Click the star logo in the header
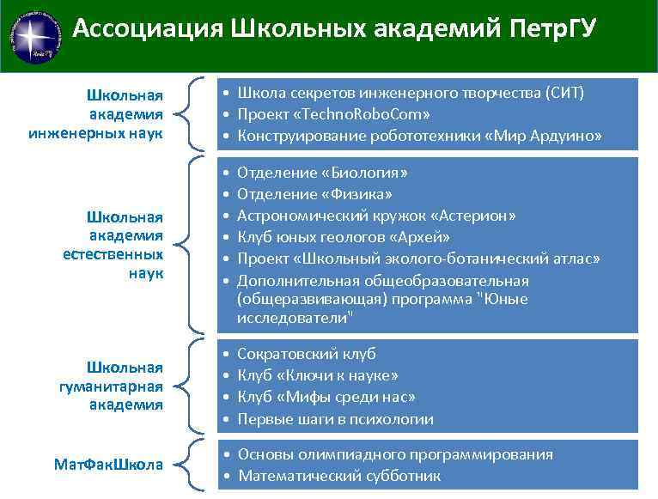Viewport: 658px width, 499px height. (x=35, y=35)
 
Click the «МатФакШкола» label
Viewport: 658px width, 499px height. (x=108, y=464)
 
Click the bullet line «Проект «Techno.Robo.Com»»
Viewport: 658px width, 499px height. (x=333, y=114)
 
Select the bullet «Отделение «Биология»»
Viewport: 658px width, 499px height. (x=322, y=172)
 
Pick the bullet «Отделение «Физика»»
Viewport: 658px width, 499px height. (x=314, y=193)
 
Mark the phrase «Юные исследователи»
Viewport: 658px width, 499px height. (x=344, y=308)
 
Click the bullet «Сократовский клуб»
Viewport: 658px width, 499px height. (x=307, y=353)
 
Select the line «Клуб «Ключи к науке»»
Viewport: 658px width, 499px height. (x=317, y=375)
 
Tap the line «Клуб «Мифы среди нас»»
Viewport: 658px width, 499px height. (x=326, y=397)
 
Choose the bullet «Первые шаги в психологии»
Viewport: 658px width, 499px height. (x=335, y=419)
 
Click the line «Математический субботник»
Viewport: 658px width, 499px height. (x=339, y=475)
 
